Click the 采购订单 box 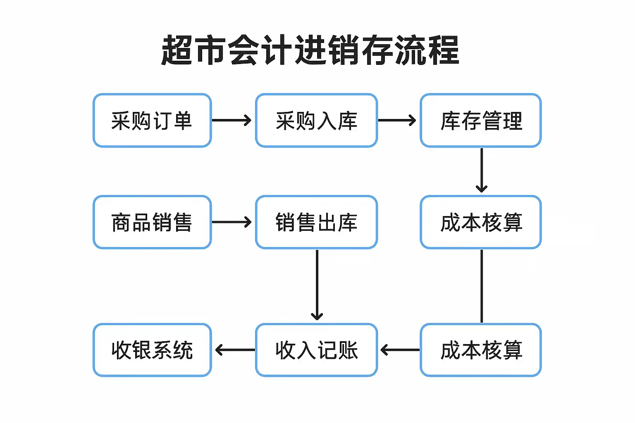click(x=152, y=120)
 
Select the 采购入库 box click(x=316, y=120)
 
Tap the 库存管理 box click(x=481, y=120)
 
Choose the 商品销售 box click(x=152, y=222)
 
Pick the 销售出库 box click(x=316, y=222)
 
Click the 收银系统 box click(x=152, y=350)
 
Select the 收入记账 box click(x=316, y=350)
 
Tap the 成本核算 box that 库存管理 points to click(x=481, y=222)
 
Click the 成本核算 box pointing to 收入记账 click(x=481, y=350)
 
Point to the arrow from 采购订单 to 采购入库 click(x=232, y=120)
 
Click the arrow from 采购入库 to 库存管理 click(x=397, y=120)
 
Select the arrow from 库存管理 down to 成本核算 click(x=482, y=170)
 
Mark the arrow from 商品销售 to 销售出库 click(x=232, y=222)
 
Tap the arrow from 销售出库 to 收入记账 click(x=317, y=285)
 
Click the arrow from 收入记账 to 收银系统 click(x=235, y=350)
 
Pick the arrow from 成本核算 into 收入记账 click(x=400, y=350)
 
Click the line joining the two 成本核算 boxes click(x=482, y=286)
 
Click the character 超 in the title click(x=177, y=50)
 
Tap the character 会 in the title click(x=243, y=50)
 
